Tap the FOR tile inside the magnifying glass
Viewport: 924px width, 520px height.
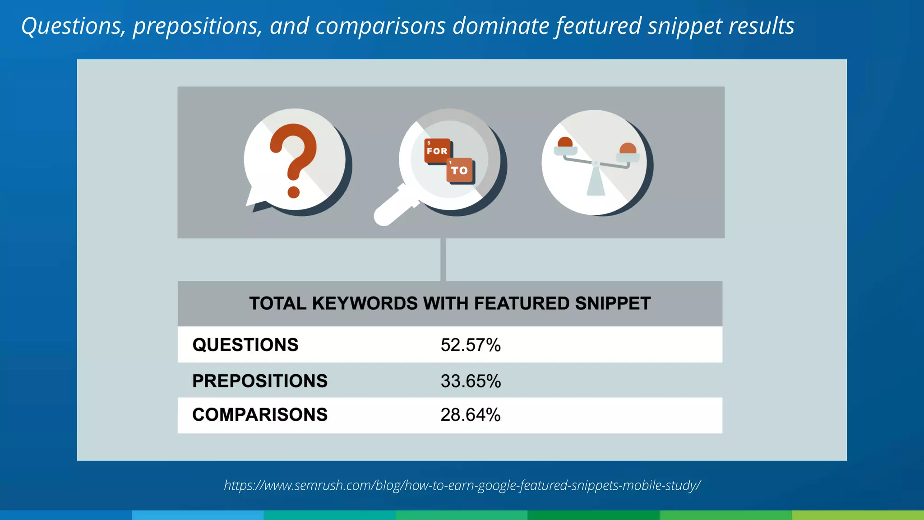tap(437, 151)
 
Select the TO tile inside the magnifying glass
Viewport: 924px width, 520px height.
tap(459, 170)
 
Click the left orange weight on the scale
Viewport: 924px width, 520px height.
tap(565, 143)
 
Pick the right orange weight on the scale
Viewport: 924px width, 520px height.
tap(628, 149)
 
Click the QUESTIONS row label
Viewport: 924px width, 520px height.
tap(245, 345)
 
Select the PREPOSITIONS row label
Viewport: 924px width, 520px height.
tap(260, 381)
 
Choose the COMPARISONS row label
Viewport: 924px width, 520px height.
tap(260, 415)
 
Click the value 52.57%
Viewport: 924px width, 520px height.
tap(471, 345)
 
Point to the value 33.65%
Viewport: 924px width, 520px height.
tap(471, 381)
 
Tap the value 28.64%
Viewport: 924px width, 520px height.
tap(471, 415)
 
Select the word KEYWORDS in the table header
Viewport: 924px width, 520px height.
tap(365, 303)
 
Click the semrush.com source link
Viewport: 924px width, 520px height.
tap(462, 485)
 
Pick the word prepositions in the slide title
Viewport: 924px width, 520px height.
tap(197, 26)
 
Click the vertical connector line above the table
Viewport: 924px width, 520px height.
tap(443, 260)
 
